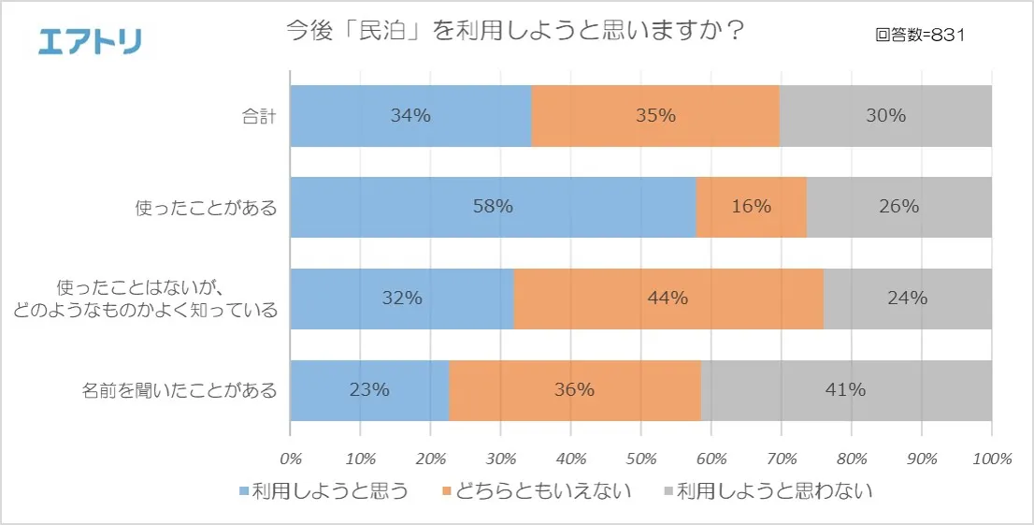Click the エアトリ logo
tap(90, 41)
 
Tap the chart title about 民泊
tap(514, 32)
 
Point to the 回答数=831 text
tap(920, 36)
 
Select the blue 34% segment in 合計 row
tap(410, 116)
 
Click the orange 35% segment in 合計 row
tap(655, 116)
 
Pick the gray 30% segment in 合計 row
tap(885, 116)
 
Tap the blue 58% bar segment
tap(493, 207)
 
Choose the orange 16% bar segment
tap(752, 207)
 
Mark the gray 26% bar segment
tap(898, 207)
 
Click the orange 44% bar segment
tap(668, 299)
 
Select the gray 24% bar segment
tap(907, 299)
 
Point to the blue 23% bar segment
tap(369, 390)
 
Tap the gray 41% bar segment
tap(846, 390)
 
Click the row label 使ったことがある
tap(207, 208)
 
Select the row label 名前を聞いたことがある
tap(180, 390)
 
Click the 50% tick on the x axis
tap(640, 459)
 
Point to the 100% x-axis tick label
tap(992, 459)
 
